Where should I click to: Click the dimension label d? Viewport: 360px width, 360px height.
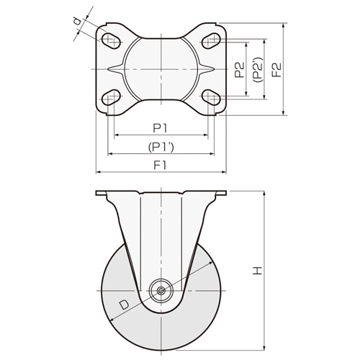(x=77, y=22)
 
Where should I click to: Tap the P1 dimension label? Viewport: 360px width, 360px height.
(x=160, y=128)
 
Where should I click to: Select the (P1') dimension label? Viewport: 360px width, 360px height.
(x=161, y=147)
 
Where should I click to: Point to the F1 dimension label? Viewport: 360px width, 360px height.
(x=160, y=165)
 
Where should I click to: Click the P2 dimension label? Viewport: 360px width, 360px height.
(x=239, y=70)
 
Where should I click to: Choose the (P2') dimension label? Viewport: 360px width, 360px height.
(x=258, y=70)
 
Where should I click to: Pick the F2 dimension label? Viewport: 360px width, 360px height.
(x=276, y=70)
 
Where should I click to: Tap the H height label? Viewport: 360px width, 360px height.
(x=258, y=271)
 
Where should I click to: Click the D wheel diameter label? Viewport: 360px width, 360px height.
(x=124, y=305)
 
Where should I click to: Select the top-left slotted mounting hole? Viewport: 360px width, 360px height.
(x=111, y=40)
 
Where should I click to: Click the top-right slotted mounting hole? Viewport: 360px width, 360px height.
(x=211, y=40)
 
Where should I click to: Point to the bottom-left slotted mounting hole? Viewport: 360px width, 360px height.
(x=111, y=97)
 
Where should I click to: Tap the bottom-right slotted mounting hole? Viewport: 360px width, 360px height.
(x=211, y=97)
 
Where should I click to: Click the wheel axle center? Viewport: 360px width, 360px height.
(x=161, y=291)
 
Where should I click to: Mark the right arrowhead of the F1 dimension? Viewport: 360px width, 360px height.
(x=224, y=172)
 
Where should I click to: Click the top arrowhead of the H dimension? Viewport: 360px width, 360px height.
(x=264, y=194)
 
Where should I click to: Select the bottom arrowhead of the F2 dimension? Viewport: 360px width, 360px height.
(x=284, y=113)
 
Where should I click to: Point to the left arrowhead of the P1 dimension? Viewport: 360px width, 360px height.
(x=117, y=135)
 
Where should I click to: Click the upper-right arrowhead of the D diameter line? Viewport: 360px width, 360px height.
(x=211, y=263)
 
